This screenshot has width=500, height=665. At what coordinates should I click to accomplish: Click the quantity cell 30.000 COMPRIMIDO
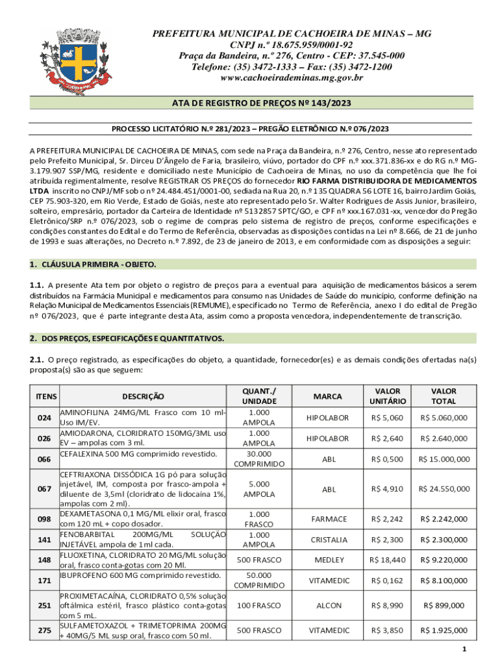(259, 458)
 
